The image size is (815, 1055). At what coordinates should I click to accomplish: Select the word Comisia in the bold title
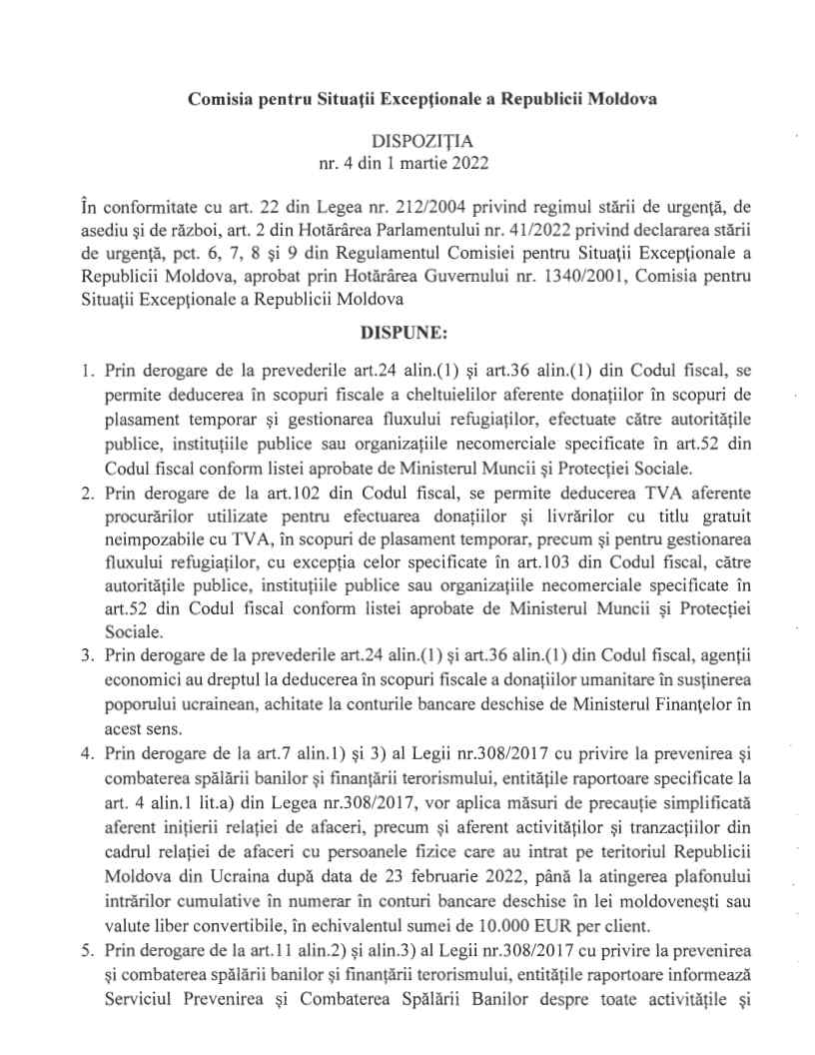[x=217, y=102]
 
